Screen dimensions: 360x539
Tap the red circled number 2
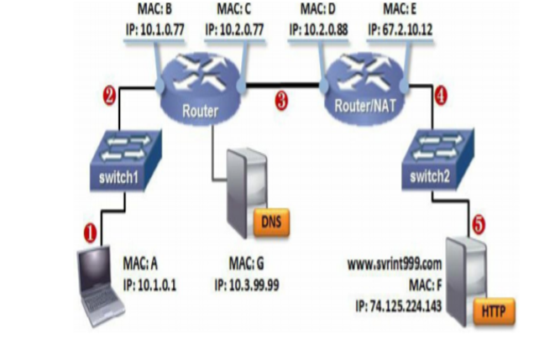point(107,96)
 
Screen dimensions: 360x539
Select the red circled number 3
point(281,101)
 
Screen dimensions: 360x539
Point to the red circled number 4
point(441,96)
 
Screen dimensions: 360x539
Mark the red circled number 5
point(478,224)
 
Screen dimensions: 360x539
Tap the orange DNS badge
point(271,222)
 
